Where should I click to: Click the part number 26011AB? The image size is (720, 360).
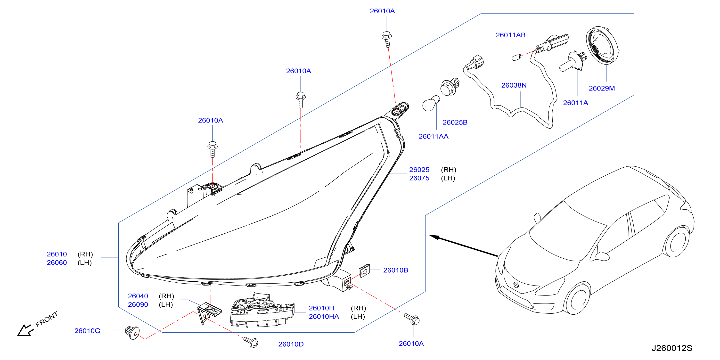pyautogui.click(x=510, y=35)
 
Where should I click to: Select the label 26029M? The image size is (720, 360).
pyautogui.click(x=602, y=88)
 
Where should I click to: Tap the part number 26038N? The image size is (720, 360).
pyautogui.click(x=514, y=85)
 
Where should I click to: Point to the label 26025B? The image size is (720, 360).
pyautogui.click(x=455, y=123)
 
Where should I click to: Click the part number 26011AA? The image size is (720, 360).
pyautogui.click(x=433, y=136)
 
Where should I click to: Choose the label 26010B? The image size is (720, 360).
pyautogui.click(x=395, y=270)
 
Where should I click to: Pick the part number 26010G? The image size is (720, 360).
pyautogui.click(x=87, y=331)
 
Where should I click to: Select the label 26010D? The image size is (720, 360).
pyautogui.click(x=291, y=344)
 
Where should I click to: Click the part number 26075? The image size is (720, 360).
pyautogui.click(x=419, y=178)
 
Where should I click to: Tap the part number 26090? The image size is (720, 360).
pyautogui.click(x=138, y=304)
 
